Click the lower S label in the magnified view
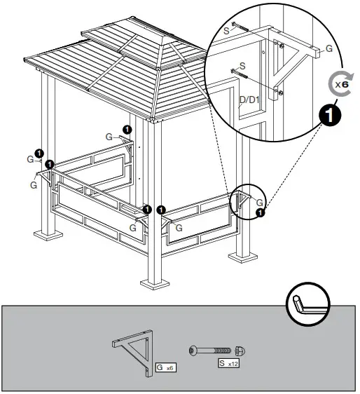(242, 65)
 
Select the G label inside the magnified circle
(330, 50)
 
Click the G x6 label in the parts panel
(165, 367)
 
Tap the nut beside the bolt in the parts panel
(240, 350)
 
